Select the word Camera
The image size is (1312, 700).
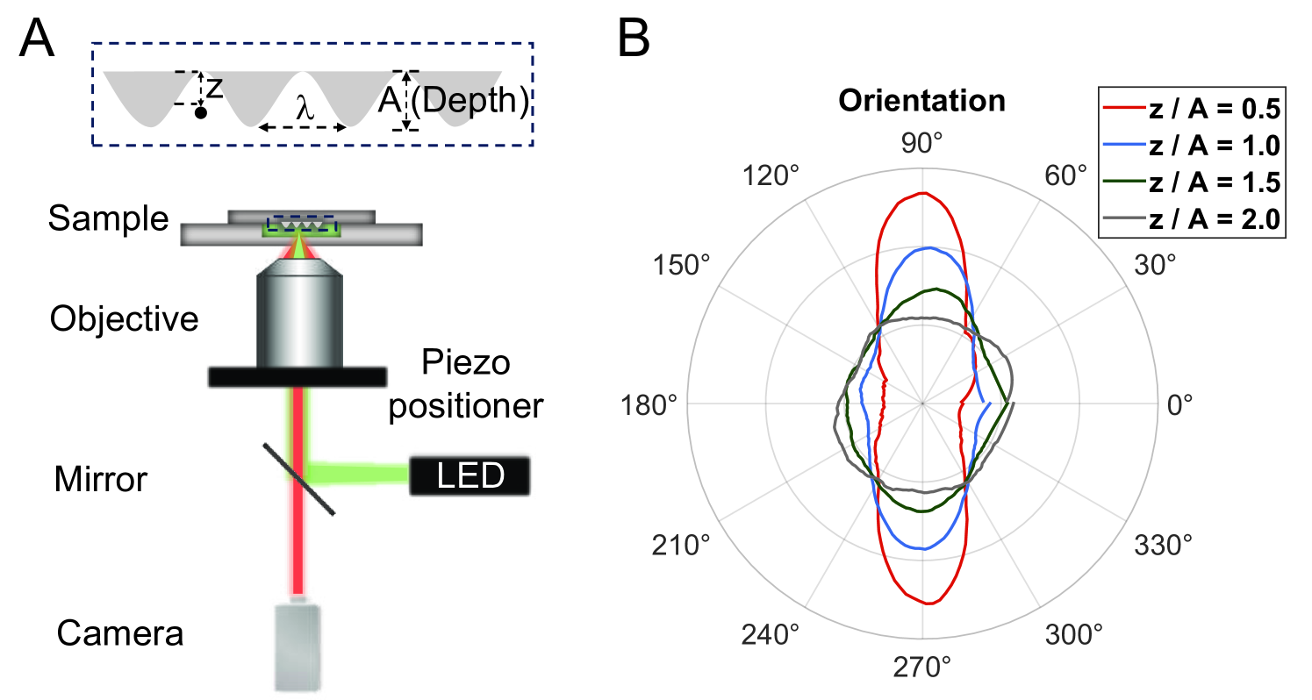pyautogui.click(x=121, y=632)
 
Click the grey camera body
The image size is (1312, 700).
pyautogui.click(x=298, y=645)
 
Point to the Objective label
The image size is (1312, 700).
pyautogui.click(x=124, y=319)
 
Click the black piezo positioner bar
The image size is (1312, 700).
pyautogui.click(x=298, y=376)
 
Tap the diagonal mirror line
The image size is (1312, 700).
pyautogui.click(x=299, y=478)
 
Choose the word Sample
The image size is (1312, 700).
pyautogui.click(x=108, y=219)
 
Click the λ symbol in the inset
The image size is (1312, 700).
pyautogui.click(x=304, y=111)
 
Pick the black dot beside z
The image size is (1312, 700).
pyautogui.click(x=201, y=113)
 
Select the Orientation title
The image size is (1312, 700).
pyautogui.click(x=921, y=101)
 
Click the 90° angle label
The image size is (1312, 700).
pyautogui.click(x=923, y=146)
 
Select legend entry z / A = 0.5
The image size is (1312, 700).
pyautogui.click(x=1212, y=110)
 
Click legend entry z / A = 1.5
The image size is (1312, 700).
pyautogui.click(x=1212, y=183)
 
